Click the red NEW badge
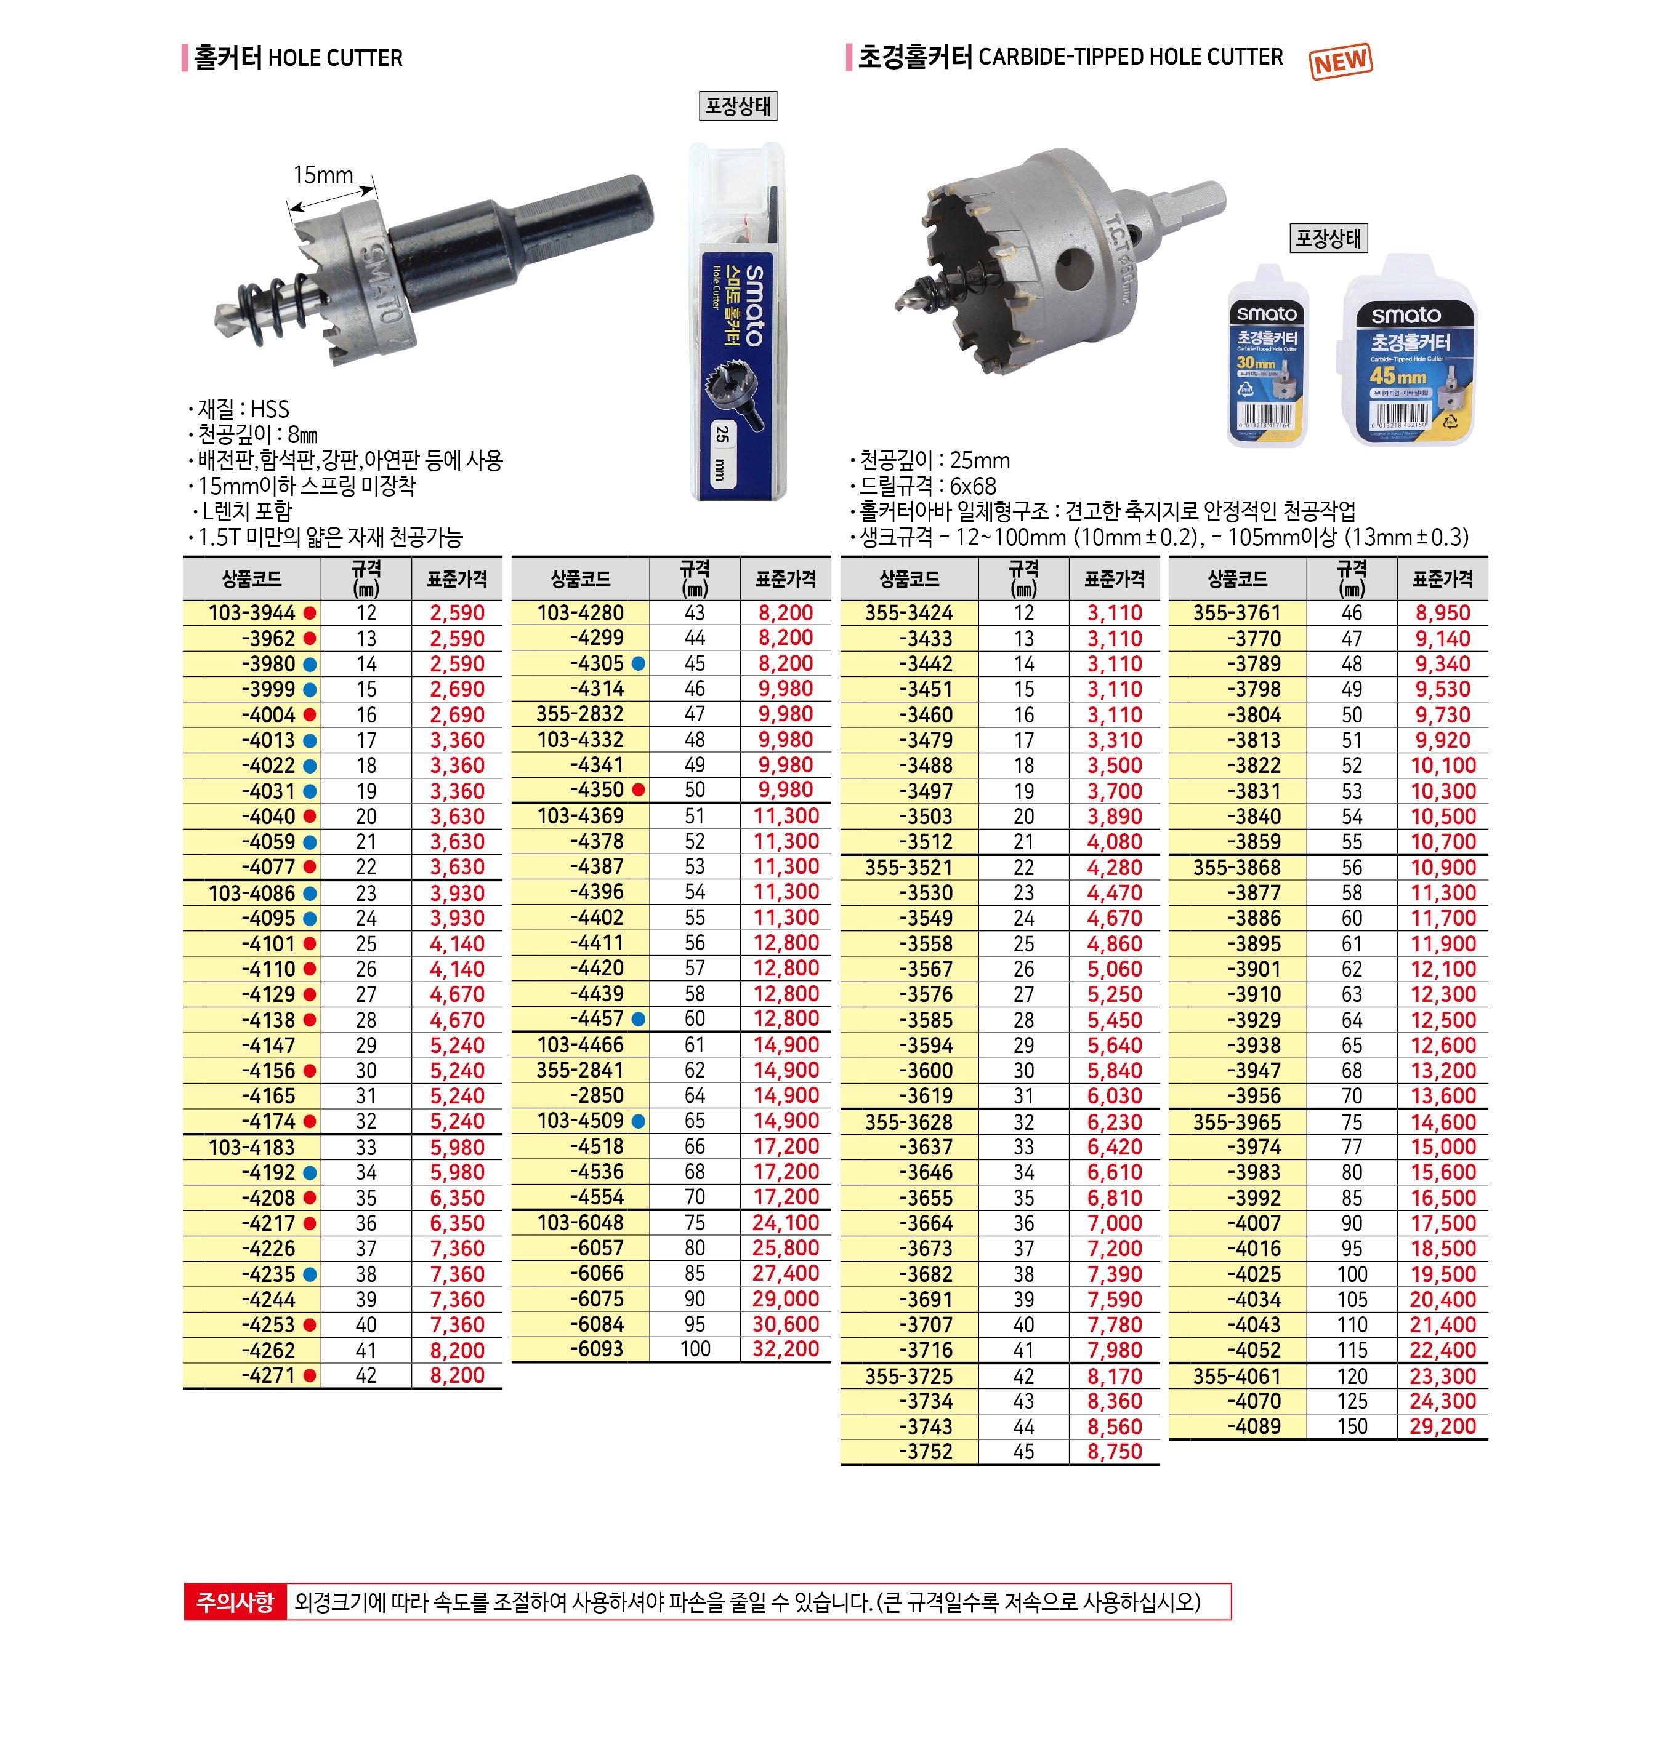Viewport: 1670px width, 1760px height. coord(1341,60)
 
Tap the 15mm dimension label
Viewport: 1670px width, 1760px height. coord(323,174)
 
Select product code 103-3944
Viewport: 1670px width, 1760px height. coord(252,613)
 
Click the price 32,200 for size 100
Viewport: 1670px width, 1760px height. coord(785,1349)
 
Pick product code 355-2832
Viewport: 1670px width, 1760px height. coord(581,714)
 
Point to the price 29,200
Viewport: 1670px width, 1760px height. coord(1443,1426)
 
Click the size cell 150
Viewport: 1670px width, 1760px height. coord(1351,1426)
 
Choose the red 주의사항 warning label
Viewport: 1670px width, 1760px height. coord(236,1602)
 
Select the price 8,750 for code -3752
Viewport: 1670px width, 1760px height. coord(1113,1451)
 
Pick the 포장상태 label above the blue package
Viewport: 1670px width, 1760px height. coord(737,107)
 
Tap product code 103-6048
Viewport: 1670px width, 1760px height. coord(581,1223)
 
